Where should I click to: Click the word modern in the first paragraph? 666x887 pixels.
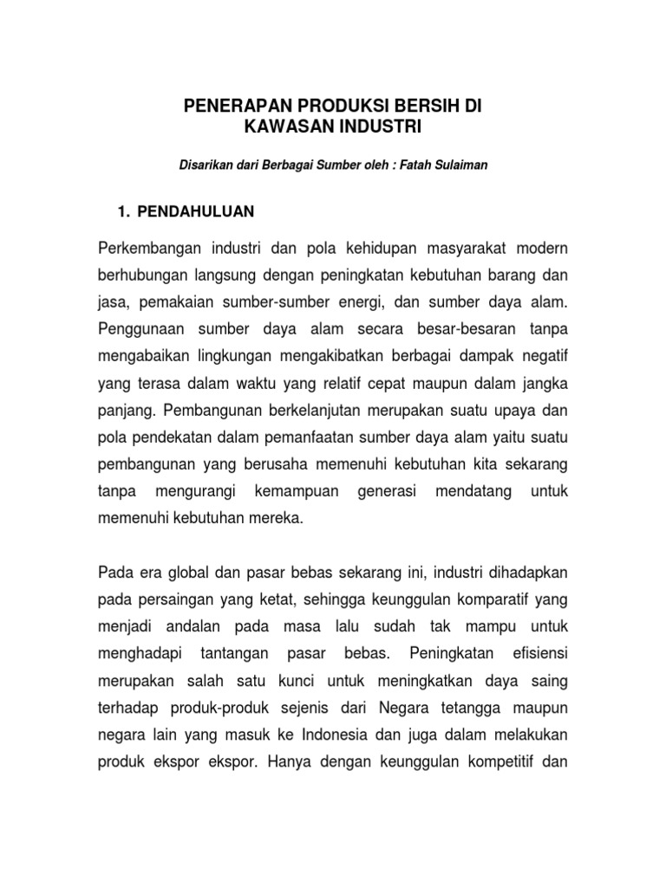pos(543,249)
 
